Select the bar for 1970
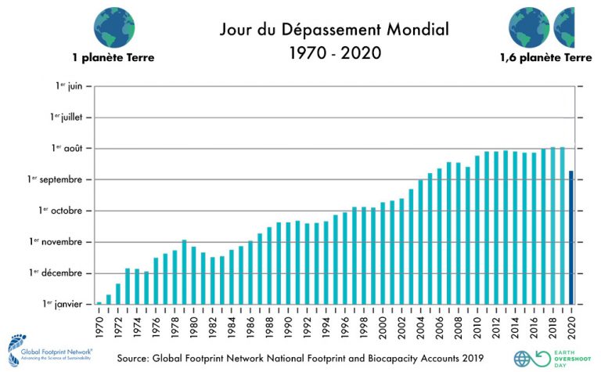click(x=99, y=302)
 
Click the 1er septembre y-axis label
click(x=59, y=179)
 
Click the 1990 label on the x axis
click(x=288, y=323)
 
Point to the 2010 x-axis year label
click(x=477, y=323)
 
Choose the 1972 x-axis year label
click(x=118, y=323)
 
